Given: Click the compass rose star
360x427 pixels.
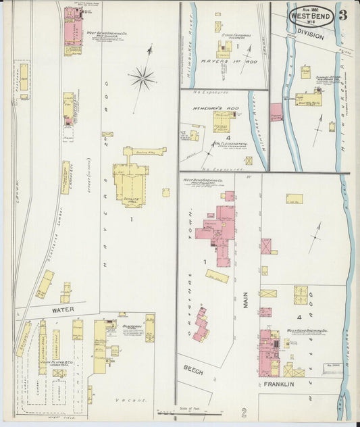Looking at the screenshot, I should click(x=142, y=79).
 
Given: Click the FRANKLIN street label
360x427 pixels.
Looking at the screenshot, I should click(x=279, y=384).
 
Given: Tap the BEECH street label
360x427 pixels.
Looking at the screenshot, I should click(x=193, y=369).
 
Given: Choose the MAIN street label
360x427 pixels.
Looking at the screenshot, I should click(x=246, y=299).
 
